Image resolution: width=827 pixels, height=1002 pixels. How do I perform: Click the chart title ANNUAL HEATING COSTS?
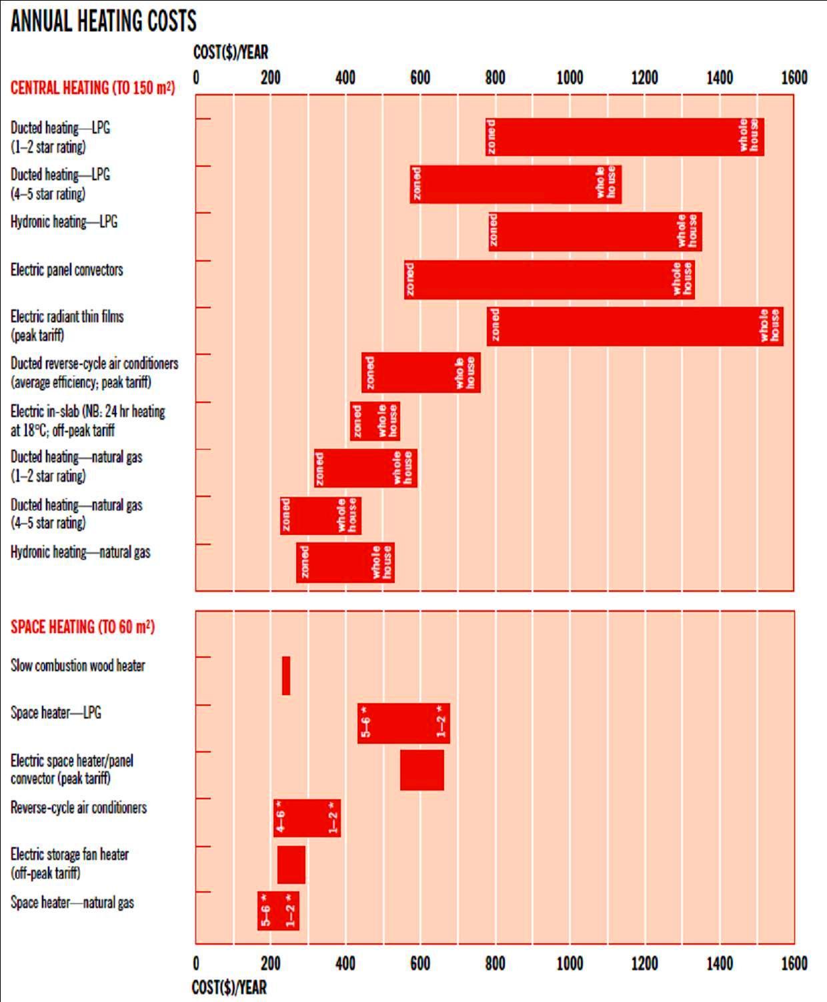click(x=103, y=21)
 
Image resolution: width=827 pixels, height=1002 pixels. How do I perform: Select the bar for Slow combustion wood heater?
click(x=286, y=676)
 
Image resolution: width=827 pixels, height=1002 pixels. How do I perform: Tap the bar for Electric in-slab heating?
click(x=375, y=421)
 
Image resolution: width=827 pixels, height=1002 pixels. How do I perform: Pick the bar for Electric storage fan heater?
click(x=291, y=865)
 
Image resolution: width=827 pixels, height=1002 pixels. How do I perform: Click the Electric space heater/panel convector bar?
click(x=422, y=770)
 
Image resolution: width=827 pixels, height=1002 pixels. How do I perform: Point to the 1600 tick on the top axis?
click(x=794, y=78)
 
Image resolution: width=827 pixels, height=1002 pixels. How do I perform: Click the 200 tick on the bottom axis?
click(x=271, y=963)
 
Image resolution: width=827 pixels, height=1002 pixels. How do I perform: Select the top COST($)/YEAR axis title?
click(x=231, y=52)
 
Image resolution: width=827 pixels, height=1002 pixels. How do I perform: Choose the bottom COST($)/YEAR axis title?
click(x=229, y=987)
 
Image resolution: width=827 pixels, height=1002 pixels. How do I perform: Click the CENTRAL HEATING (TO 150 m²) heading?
click(x=93, y=88)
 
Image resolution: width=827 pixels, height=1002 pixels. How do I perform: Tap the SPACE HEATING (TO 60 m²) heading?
click(x=83, y=627)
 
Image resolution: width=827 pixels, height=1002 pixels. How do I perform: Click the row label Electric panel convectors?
click(x=67, y=270)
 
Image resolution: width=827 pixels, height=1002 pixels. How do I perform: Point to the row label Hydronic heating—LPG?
click(x=64, y=222)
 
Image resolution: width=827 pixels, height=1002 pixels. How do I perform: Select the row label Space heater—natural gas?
click(x=72, y=903)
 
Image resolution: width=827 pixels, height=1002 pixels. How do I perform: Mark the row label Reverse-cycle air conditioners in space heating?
click(x=79, y=808)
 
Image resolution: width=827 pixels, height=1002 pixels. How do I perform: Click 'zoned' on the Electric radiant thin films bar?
click(x=494, y=326)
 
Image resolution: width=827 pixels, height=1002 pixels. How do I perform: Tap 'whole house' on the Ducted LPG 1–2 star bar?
click(x=749, y=135)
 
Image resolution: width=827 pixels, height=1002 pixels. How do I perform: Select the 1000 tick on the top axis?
click(x=570, y=78)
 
